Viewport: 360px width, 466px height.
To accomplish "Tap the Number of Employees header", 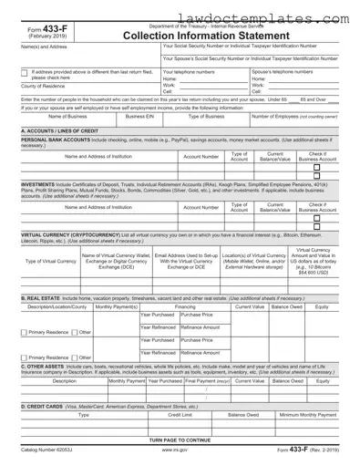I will pos(297,117).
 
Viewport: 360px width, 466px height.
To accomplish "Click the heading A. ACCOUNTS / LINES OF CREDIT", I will pos(60,130).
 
